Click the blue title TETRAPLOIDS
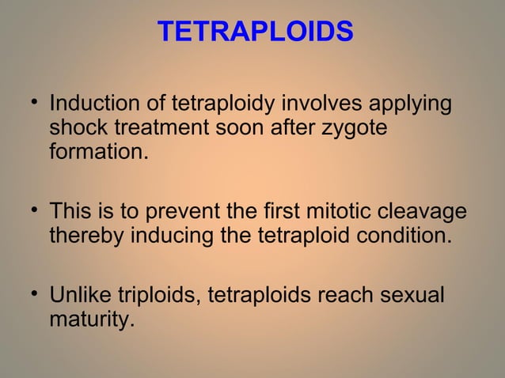pyautogui.click(x=255, y=32)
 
